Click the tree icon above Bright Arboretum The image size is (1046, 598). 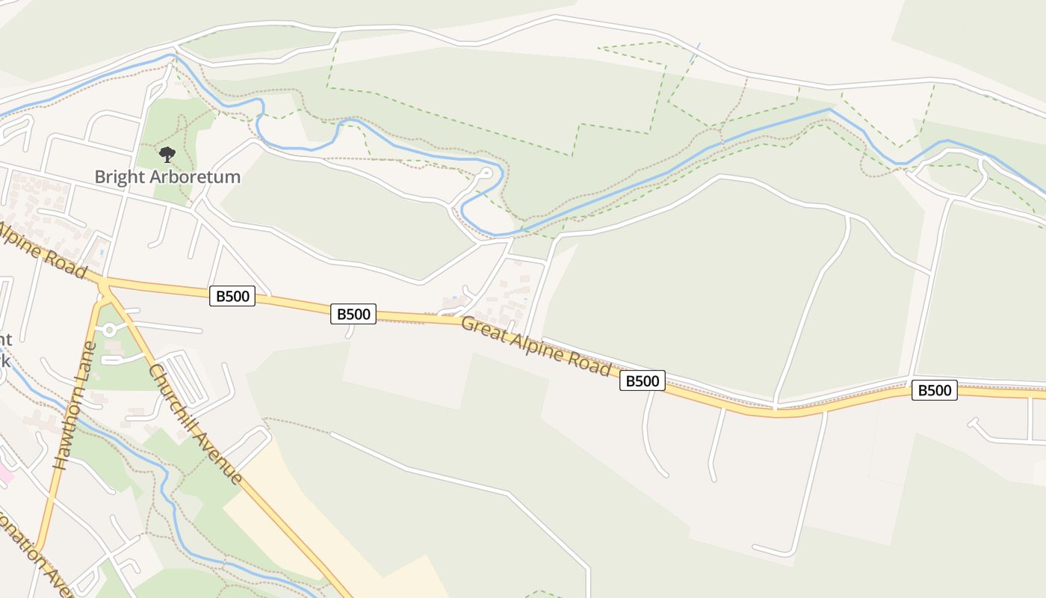coord(167,155)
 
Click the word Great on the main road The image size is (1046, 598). coord(483,331)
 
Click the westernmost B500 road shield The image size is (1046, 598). coord(232,296)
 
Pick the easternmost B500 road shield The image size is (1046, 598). coord(934,389)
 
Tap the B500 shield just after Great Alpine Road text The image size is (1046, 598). coord(642,381)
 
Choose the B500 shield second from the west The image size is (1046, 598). coord(353,314)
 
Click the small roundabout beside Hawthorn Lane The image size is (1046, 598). coord(110,329)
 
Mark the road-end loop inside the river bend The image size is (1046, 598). coord(485,174)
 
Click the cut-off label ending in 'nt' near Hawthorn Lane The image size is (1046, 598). coord(6,341)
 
